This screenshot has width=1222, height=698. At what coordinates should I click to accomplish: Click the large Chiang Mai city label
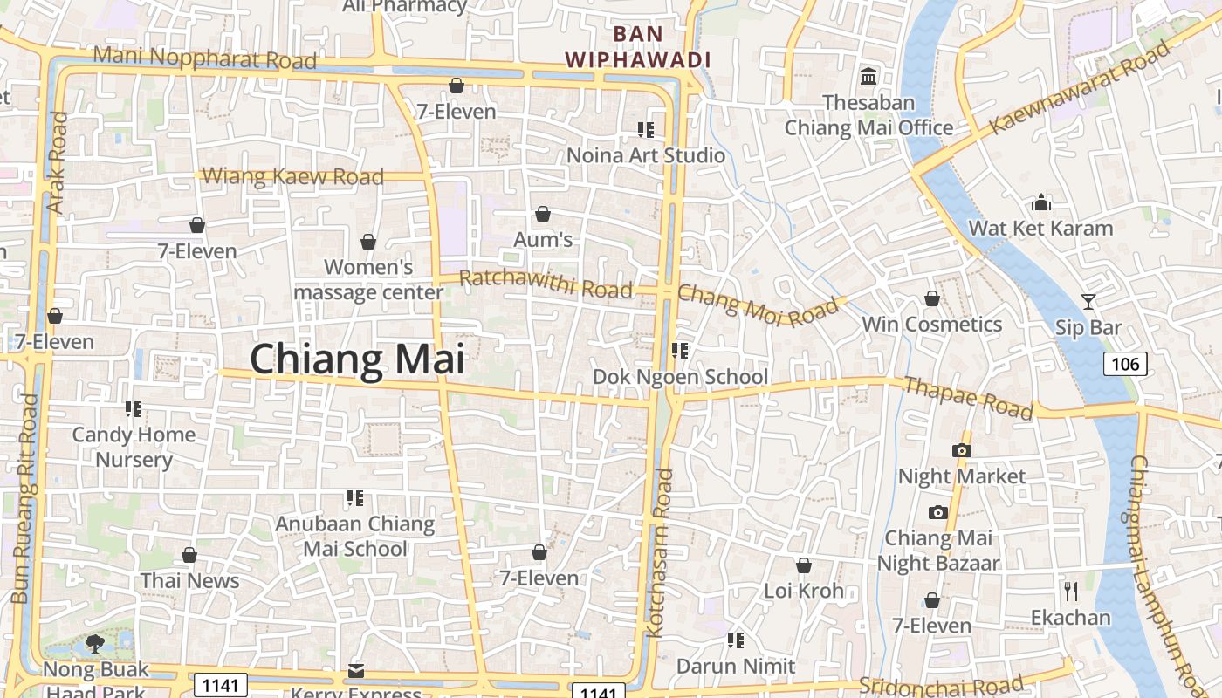point(357,359)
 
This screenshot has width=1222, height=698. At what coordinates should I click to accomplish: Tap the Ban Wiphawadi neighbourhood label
point(638,47)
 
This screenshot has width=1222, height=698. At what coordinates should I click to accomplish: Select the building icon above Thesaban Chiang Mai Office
point(868,77)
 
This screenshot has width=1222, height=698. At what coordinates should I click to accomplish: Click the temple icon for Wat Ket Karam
point(1040,203)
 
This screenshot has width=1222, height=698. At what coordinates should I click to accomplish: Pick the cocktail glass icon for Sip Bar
point(1088,302)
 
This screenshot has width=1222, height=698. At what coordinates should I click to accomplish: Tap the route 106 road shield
point(1125,363)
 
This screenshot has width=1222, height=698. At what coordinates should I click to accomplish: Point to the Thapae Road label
point(968,398)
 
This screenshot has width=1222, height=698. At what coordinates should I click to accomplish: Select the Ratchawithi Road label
point(546,283)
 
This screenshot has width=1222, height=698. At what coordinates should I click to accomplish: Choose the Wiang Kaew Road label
point(292,176)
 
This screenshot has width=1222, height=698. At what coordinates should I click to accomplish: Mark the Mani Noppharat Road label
point(204,58)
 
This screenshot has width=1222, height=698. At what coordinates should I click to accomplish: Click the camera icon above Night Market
point(961,450)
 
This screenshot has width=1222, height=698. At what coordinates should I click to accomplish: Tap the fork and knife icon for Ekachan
point(1071,592)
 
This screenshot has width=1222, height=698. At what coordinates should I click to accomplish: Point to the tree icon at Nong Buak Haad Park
point(95,645)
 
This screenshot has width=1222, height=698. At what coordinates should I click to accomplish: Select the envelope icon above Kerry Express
point(355,671)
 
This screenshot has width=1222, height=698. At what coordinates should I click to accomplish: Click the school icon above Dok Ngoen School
point(680,351)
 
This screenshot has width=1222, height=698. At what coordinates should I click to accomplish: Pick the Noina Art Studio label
point(646,155)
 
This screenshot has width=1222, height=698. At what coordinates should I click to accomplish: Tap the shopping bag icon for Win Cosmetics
point(931,298)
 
